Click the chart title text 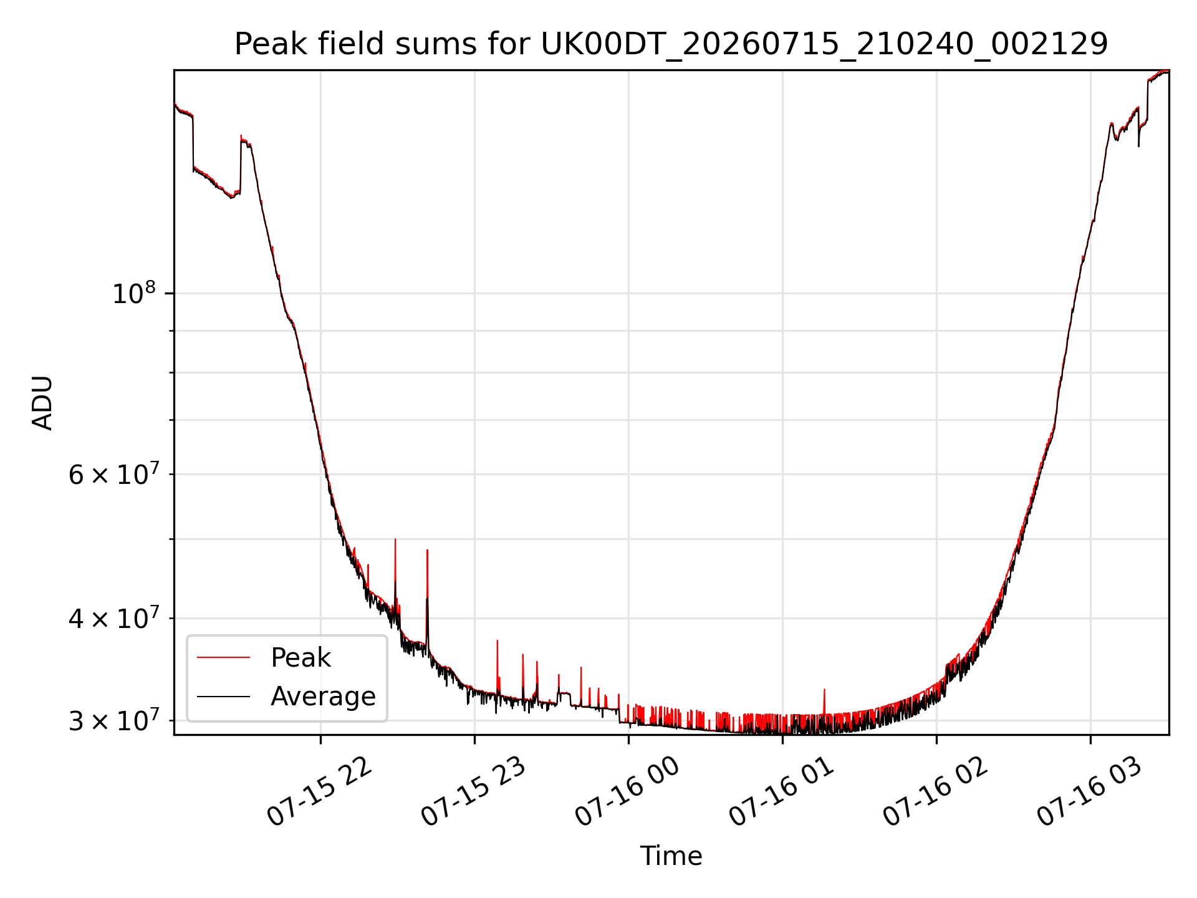(x=671, y=44)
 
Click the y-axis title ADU (x=42, y=402)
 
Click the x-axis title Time (x=671, y=856)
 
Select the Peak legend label (x=300, y=658)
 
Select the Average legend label (x=323, y=697)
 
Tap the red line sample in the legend (x=223, y=657)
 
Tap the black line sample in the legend (x=223, y=697)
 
